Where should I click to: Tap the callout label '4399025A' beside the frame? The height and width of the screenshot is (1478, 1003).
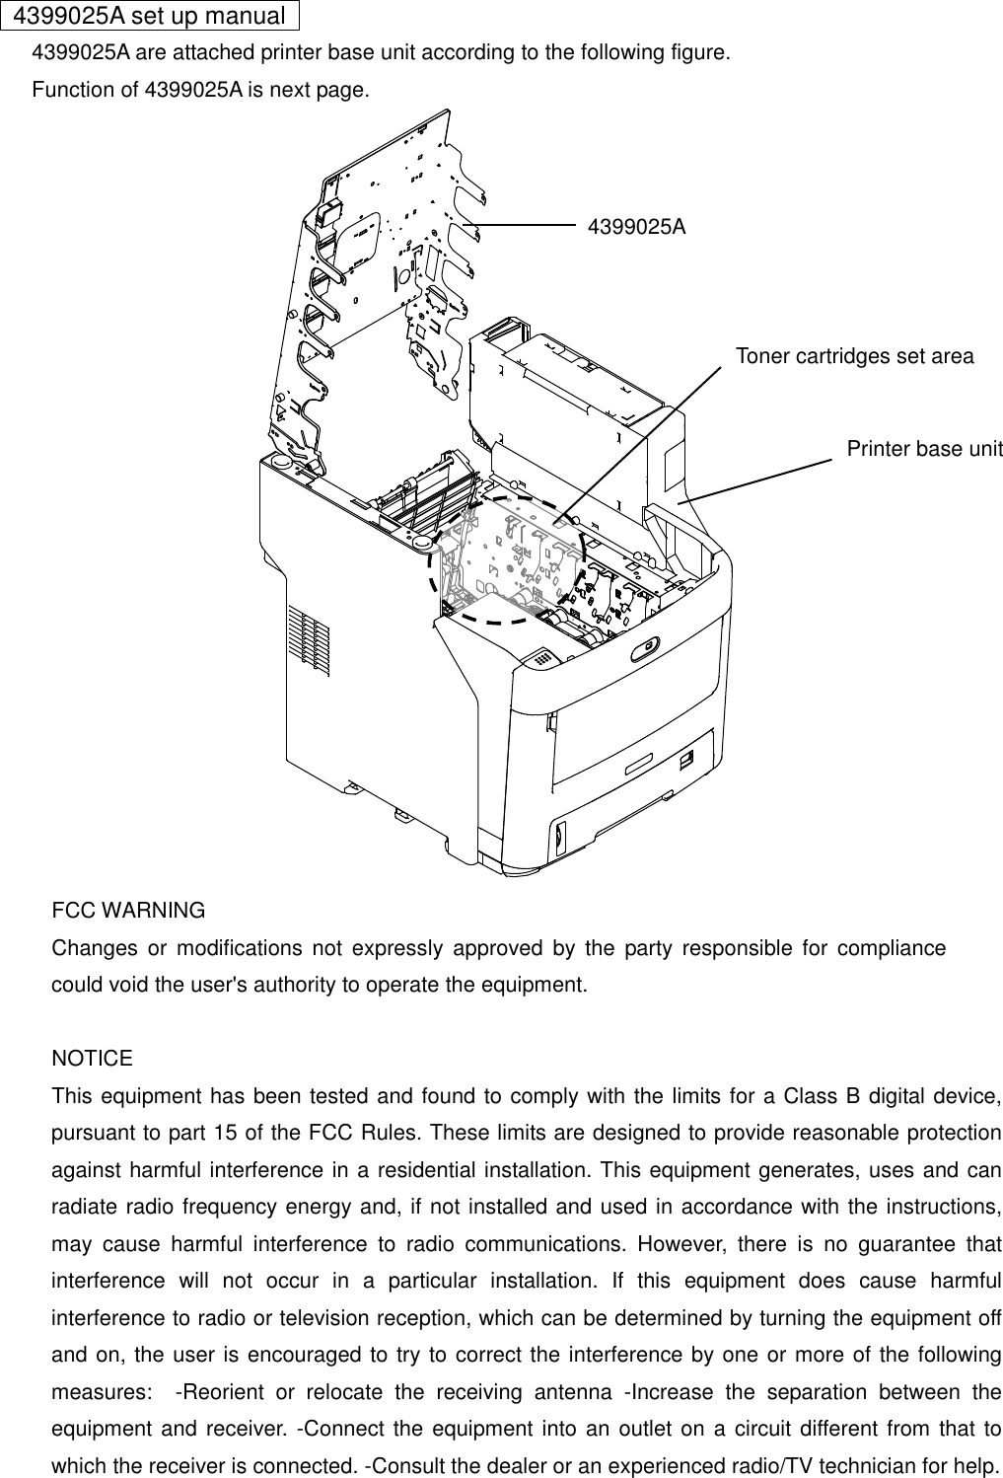click(x=636, y=227)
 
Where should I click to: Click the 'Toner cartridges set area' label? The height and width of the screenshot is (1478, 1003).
click(x=854, y=356)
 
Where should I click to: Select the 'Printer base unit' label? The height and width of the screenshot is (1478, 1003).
click(x=924, y=450)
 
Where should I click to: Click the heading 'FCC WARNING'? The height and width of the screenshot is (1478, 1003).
click(x=128, y=910)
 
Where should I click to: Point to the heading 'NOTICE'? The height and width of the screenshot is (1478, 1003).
click(x=92, y=1059)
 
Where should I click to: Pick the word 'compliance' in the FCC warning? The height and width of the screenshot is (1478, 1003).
click(x=892, y=948)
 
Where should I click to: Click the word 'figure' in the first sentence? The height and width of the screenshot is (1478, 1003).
click(x=699, y=52)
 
